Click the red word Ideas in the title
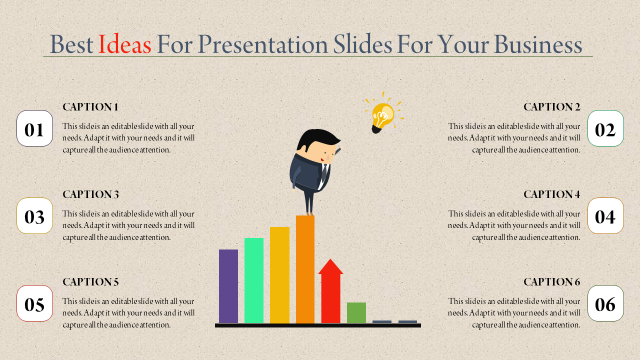pos(124,45)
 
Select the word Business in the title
pos(538,45)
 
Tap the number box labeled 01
pos(34,128)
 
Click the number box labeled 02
pos(605,128)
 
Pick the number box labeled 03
pos(34,216)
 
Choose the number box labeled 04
pos(605,216)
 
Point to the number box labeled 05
pos(34,303)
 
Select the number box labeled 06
pos(605,303)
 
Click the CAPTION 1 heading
pos(90,107)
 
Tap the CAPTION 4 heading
pos(551,194)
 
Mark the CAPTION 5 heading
pos(90,282)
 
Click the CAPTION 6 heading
pos(551,282)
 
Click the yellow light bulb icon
pos(382,115)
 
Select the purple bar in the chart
pos(228,286)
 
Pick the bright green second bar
pos(254,280)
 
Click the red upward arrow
pos(330,292)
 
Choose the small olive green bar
pos(356,312)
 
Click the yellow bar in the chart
pos(279,275)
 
